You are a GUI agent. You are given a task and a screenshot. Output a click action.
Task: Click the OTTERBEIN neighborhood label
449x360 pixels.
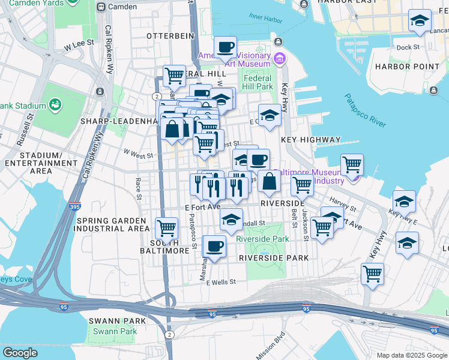171,36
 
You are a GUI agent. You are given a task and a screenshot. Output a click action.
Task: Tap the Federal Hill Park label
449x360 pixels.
258,82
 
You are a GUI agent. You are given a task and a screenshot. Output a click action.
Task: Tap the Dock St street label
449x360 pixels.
408,47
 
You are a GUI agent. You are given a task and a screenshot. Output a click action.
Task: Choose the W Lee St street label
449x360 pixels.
79,43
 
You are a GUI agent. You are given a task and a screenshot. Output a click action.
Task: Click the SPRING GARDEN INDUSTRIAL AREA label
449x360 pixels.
112,224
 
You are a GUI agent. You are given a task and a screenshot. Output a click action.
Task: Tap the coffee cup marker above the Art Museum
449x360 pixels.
225,47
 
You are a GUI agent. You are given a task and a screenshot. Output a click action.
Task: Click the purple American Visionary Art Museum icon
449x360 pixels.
279,59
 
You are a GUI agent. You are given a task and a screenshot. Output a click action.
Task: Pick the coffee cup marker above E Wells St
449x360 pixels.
214,245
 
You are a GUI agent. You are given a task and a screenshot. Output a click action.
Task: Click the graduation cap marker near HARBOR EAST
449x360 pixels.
419,21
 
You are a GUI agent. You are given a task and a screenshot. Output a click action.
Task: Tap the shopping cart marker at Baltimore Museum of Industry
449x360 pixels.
352,164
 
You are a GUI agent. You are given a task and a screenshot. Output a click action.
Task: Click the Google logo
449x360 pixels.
20,353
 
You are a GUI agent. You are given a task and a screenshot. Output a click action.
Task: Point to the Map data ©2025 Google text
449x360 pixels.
411,355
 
